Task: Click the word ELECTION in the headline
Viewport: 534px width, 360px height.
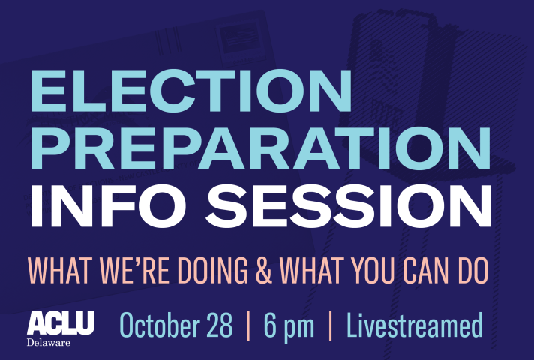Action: tap(191, 91)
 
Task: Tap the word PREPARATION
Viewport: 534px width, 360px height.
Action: tap(260, 148)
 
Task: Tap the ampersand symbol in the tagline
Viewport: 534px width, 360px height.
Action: tap(264, 271)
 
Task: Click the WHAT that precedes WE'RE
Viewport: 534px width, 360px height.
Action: tap(60, 271)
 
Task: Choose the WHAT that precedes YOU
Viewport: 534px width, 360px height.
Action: tap(312, 271)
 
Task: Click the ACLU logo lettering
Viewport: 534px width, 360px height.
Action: tap(61, 323)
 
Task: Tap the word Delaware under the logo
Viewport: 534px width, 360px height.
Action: tap(48, 342)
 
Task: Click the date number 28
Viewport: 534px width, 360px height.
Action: tap(219, 325)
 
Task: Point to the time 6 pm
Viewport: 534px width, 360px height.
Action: tap(289, 326)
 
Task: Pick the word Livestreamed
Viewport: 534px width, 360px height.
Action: tap(415, 325)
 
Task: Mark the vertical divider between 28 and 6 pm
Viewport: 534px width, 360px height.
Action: tap(248, 325)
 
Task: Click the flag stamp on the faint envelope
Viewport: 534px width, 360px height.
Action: tap(238, 37)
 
